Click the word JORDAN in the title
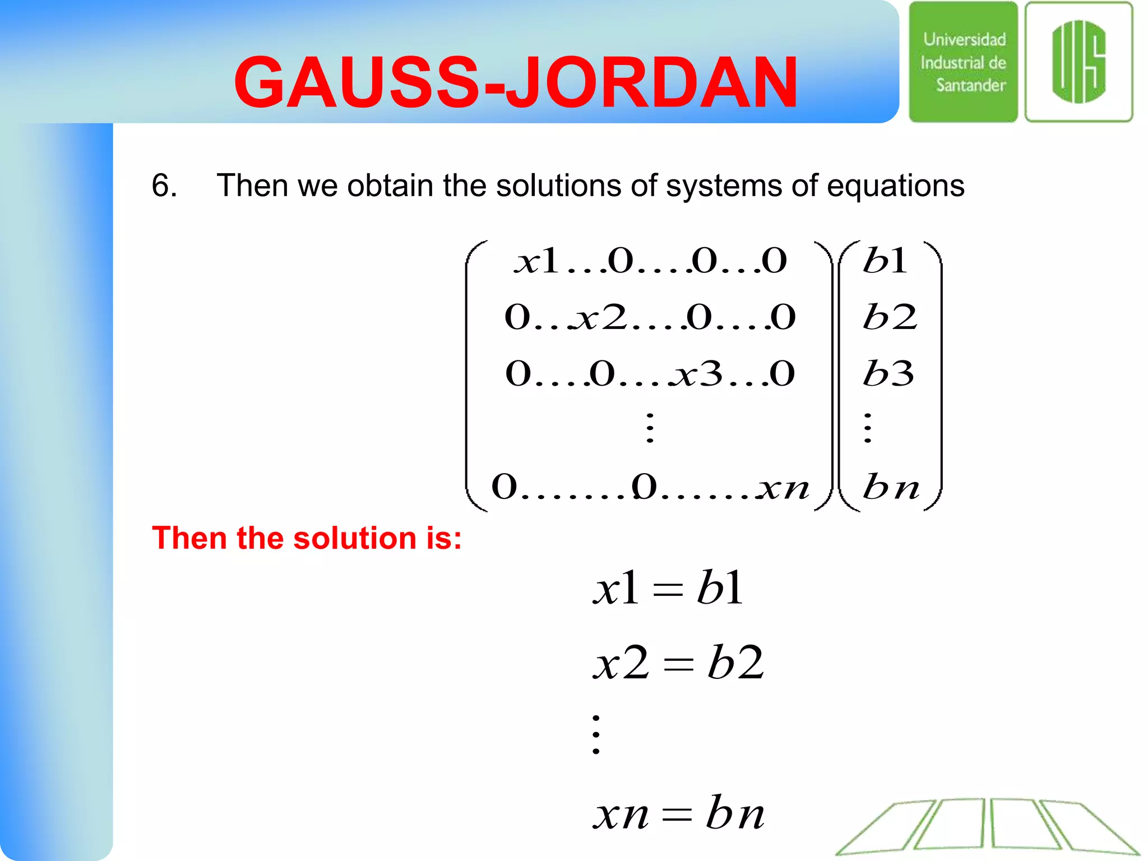pyautogui.click(x=652, y=83)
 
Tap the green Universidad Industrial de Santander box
pyautogui.click(x=963, y=62)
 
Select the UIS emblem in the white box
pyautogui.click(x=1078, y=62)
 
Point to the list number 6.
pyautogui.click(x=164, y=185)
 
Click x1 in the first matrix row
pyautogui.click(x=537, y=261)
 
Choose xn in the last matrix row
pyautogui.click(x=784, y=487)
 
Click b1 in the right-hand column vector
pyautogui.click(x=885, y=261)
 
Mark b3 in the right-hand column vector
pyautogui.click(x=888, y=374)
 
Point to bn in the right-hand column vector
pyautogui.click(x=891, y=487)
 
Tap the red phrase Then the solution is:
pyautogui.click(x=307, y=538)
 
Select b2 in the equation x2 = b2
pyautogui.click(x=735, y=663)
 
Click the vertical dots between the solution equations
pyautogui.click(x=596, y=734)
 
